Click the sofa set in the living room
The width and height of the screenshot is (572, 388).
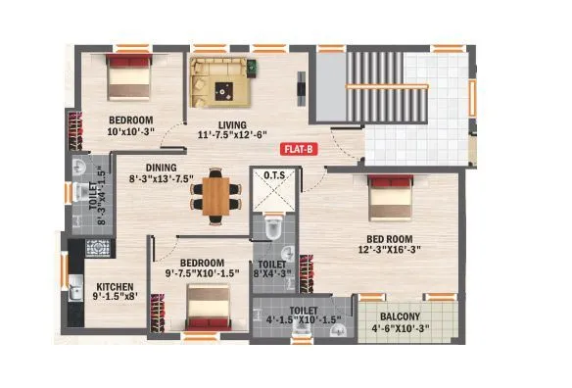[218, 77]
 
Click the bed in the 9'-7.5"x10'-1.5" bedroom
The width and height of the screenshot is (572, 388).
[207, 314]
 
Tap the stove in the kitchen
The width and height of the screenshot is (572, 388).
[98, 246]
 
